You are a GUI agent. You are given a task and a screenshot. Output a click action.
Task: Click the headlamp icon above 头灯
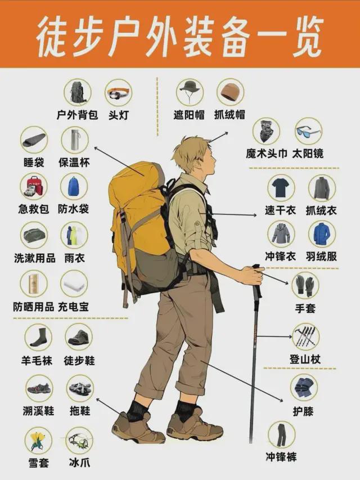click(119, 93)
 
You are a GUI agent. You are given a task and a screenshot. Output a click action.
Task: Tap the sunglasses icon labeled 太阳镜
click(308, 131)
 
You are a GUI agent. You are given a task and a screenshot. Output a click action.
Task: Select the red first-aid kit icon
click(34, 187)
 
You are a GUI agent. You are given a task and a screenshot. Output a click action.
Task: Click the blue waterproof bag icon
click(74, 187)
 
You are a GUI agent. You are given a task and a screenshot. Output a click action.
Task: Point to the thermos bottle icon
click(74, 140)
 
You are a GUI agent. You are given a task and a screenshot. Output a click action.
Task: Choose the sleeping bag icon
click(34, 140)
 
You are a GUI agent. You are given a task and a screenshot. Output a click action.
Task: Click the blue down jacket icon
click(322, 234)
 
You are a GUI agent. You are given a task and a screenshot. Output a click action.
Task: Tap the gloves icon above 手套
click(305, 285)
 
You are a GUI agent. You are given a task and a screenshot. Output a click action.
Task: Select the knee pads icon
click(304, 387)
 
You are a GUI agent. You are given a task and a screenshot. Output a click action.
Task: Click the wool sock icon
click(38, 337)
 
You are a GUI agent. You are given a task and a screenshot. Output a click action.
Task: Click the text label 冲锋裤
click(281, 457)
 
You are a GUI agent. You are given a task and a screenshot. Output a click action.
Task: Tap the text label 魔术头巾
click(267, 154)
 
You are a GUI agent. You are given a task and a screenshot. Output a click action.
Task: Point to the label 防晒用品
click(34, 307)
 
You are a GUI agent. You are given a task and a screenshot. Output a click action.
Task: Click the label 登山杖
click(305, 359)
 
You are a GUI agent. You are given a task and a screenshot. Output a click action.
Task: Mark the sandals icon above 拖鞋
click(80, 388)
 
